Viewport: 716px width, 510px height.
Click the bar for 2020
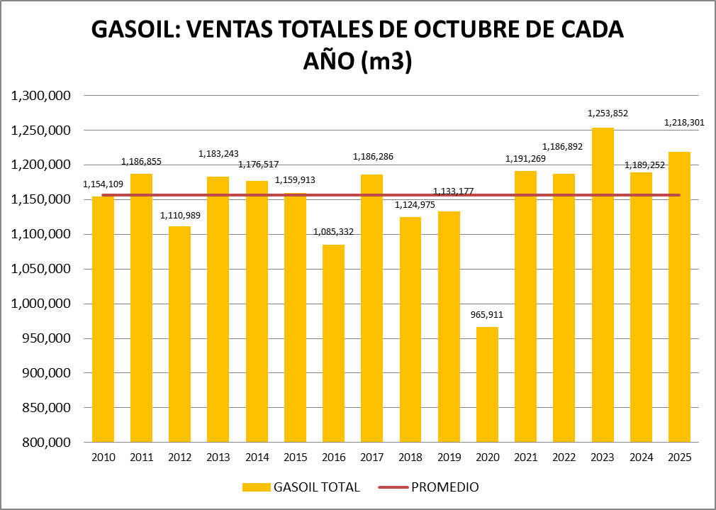(487, 384)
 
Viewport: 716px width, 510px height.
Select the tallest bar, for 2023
(603, 284)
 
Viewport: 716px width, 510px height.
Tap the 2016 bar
(333, 343)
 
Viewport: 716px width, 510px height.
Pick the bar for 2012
(179, 334)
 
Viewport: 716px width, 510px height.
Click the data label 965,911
(487, 314)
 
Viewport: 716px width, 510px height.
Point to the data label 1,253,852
(608, 113)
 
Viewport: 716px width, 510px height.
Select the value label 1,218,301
(685, 123)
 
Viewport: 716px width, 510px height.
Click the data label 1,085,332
(333, 231)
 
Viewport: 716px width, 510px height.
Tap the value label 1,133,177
(454, 192)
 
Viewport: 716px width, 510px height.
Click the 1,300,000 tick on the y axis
(44, 96)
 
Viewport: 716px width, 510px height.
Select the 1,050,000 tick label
(44, 269)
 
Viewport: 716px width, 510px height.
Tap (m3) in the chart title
(386, 62)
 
